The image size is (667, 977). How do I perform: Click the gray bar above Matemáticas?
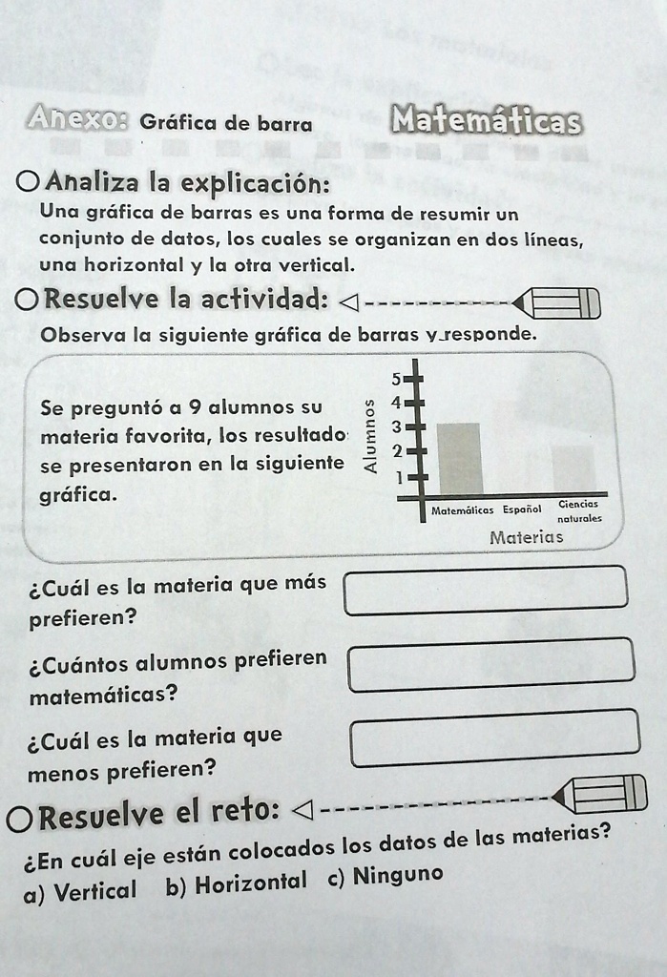(x=459, y=458)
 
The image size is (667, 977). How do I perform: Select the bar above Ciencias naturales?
(x=573, y=468)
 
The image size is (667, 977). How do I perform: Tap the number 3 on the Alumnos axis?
(x=407, y=426)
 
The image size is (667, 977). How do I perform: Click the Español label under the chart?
(x=522, y=509)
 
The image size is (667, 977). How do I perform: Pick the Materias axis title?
(x=526, y=537)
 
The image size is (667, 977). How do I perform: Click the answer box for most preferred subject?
(x=486, y=591)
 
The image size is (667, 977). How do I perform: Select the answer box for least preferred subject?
(x=494, y=738)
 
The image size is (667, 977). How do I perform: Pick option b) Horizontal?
(x=237, y=884)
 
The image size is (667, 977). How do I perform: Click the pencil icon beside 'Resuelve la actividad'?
(x=557, y=303)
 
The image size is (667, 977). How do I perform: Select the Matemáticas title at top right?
(x=486, y=122)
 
